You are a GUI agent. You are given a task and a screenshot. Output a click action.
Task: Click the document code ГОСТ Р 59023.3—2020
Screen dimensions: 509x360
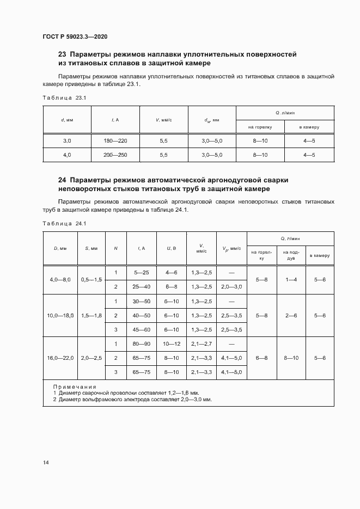pos(75,36)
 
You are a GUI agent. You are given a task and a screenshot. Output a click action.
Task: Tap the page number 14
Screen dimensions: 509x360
pos(46,463)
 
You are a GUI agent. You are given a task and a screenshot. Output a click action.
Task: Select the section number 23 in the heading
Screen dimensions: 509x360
pos(62,55)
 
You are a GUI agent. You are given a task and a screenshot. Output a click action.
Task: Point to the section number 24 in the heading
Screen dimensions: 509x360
pos(62,180)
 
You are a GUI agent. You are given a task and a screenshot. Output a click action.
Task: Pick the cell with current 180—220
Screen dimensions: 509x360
pos(115,141)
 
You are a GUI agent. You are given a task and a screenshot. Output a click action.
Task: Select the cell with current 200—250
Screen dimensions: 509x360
pos(115,155)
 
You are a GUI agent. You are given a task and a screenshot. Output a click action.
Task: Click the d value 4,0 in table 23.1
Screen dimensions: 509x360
pos(66,155)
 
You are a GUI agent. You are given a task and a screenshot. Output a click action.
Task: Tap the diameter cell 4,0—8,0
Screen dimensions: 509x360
pos(60,279)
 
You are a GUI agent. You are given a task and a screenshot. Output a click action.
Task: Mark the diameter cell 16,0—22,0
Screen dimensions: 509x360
pos(60,358)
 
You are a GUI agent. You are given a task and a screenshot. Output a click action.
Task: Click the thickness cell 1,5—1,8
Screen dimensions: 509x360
pos(91,315)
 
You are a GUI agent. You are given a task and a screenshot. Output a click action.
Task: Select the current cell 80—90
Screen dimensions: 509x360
pos(141,344)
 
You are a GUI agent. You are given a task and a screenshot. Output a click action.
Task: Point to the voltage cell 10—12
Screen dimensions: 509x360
pos(171,344)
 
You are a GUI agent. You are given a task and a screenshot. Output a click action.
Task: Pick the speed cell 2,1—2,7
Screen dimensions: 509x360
pos(201,344)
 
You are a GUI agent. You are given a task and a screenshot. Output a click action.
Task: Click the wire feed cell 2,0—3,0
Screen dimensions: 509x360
pos(231,286)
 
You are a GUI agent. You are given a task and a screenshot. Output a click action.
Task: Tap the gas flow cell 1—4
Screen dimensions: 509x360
pos(291,279)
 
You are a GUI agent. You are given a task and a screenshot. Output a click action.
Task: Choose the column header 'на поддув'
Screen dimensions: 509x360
pos(291,255)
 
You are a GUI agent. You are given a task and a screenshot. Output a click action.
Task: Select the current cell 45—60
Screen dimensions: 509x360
pos(141,329)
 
